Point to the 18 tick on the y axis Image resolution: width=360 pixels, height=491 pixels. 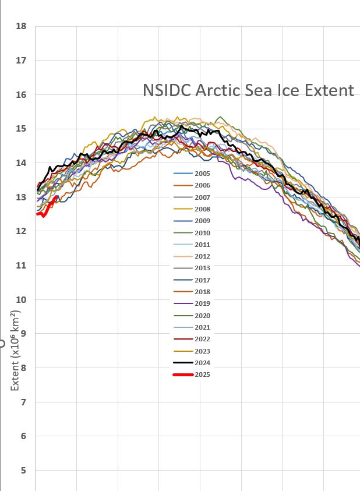click(x=22, y=26)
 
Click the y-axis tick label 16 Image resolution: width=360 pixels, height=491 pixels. click(x=22, y=94)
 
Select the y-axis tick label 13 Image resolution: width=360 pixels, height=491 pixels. click(x=22, y=197)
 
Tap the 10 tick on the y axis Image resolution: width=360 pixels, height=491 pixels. click(x=22, y=299)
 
